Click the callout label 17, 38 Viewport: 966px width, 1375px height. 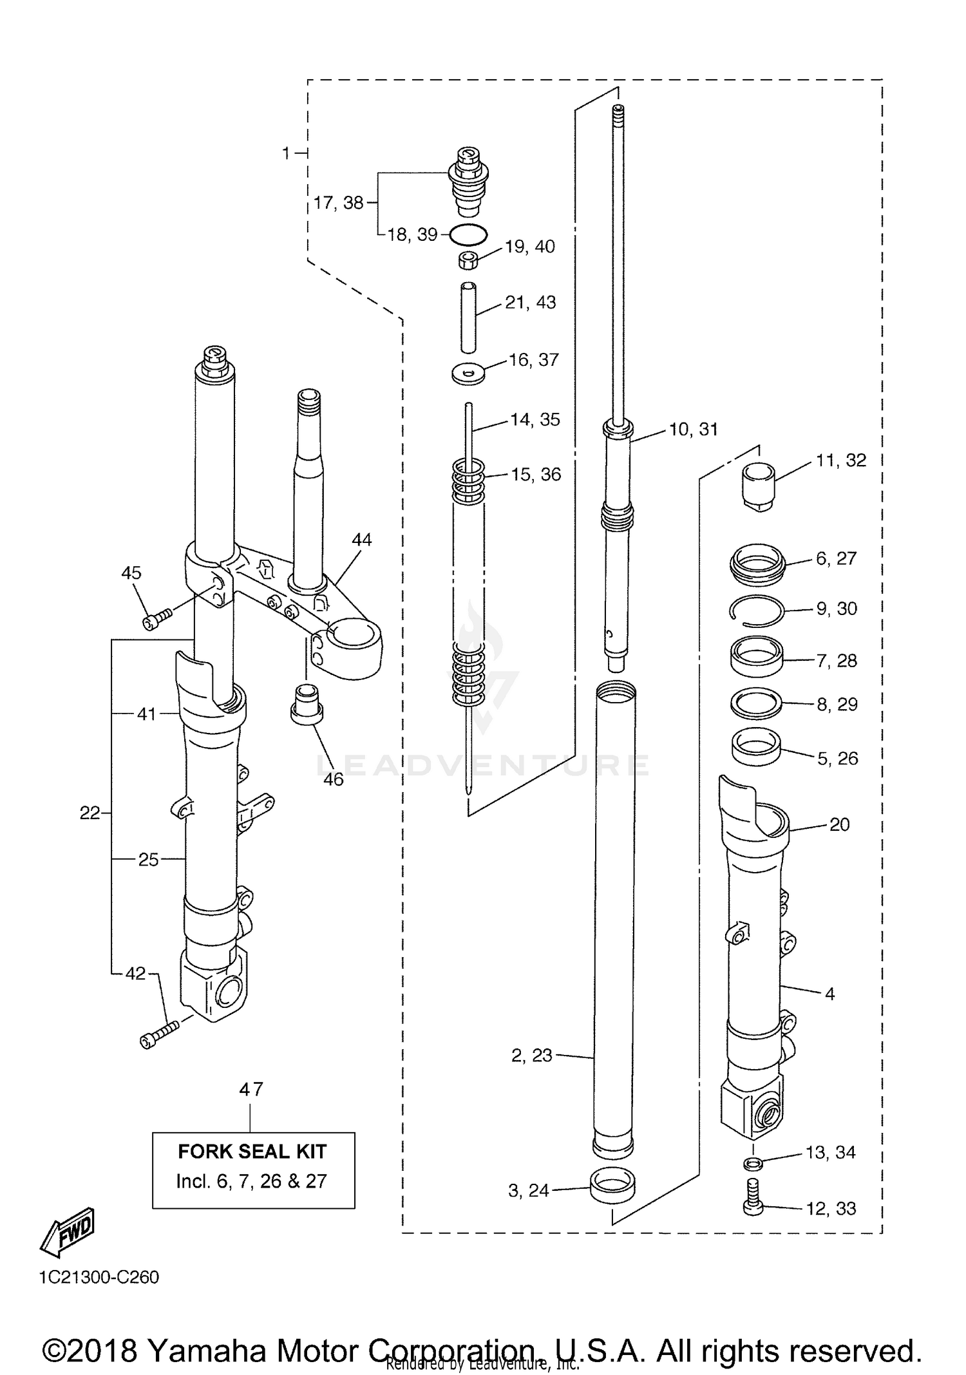pyautogui.click(x=338, y=203)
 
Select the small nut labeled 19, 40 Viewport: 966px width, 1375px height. pyautogui.click(x=468, y=261)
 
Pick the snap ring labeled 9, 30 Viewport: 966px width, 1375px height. pyautogui.click(x=757, y=610)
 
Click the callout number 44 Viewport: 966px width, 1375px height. pyautogui.click(x=361, y=540)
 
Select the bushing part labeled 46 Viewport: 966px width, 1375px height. pyautogui.click(x=307, y=705)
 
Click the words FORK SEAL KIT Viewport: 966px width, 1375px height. pyautogui.click(x=252, y=1152)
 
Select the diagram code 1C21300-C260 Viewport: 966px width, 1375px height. pyautogui.click(x=99, y=1276)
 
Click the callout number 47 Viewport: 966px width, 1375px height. pyautogui.click(x=251, y=1089)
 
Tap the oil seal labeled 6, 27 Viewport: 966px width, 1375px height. pyautogui.click(x=758, y=559)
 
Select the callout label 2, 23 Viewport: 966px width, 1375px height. pyautogui.click(x=531, y=1055)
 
